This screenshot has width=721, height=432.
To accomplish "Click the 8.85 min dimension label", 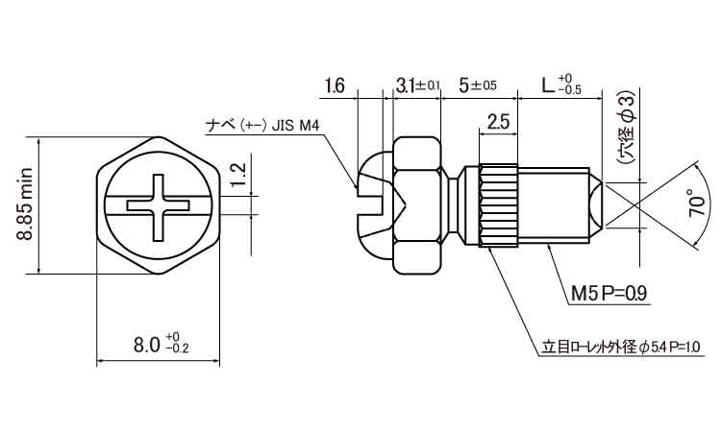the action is tap(24, 204).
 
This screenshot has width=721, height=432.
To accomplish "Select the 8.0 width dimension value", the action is tap(146, 345).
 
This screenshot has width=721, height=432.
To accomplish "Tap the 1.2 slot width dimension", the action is tap(238, 176).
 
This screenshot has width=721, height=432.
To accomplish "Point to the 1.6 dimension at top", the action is tap(335, 85).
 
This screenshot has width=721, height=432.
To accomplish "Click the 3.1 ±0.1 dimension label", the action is tap(417, 85).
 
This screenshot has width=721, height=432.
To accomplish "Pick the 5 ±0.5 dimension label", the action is tap(478, 85).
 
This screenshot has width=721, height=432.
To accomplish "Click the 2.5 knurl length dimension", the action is tap(498, 122).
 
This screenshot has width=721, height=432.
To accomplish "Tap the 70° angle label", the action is tap(697, 202).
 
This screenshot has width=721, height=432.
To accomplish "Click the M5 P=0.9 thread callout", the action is tap(609, 293).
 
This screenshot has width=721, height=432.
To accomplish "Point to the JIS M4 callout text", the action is tap(295, 126).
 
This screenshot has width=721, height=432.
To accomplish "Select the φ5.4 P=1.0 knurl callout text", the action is tap(670, 348).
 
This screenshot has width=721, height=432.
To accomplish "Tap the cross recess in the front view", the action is tap(158, 206).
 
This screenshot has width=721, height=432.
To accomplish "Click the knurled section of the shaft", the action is tap(498, 206).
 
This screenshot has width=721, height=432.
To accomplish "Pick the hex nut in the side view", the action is tap(416, 205).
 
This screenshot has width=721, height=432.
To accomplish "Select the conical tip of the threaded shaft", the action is tap(595, 205).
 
